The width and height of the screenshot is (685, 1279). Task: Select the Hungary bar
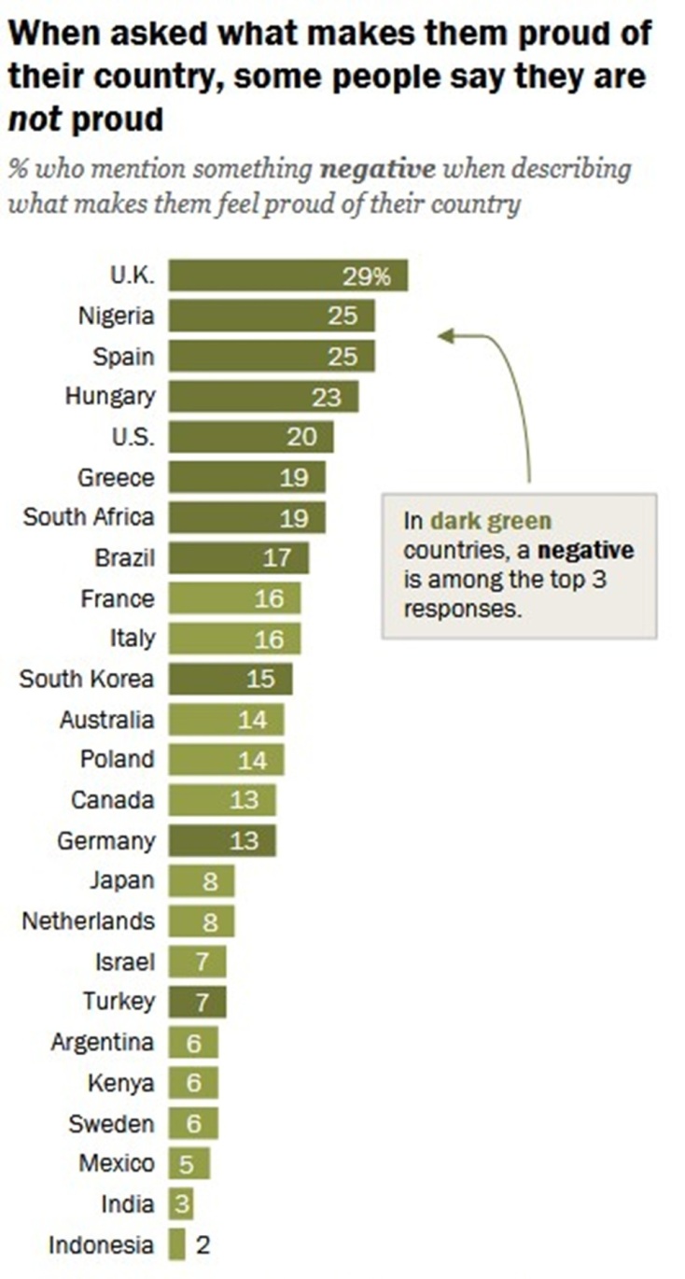click(x=263, y=397)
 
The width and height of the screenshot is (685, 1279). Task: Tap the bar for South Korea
click(x=230, y=680)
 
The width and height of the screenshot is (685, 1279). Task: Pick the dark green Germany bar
click(x=222, y=840)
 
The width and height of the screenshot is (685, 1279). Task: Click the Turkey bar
click(x=197, y=1003)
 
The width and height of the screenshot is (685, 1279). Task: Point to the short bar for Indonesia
click(x=177, y=1244)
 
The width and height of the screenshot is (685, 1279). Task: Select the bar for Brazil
click(x=238, y=558)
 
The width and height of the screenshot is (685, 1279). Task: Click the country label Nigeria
click(x=116, y=316)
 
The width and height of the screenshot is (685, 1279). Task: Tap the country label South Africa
click(x=89, y=516)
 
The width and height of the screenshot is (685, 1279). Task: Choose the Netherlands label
click(x=88, y=921)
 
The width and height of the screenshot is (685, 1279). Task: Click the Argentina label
click(x=103, y=1042)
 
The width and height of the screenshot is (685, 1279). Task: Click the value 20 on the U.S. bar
click(x=301, y=437)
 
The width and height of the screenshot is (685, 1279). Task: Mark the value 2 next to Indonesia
click(x=203, y=1244)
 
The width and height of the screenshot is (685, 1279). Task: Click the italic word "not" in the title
click(x=35, y=119)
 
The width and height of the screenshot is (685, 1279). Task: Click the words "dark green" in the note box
click(x=490, y=521)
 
